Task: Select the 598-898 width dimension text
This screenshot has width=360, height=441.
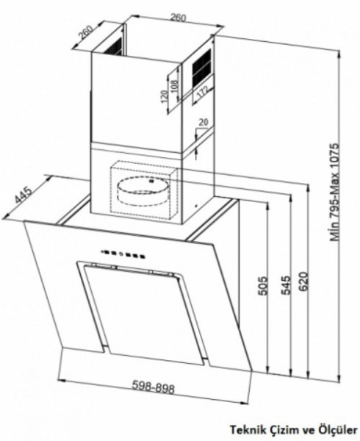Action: pyautogui.click(x=154, y=387)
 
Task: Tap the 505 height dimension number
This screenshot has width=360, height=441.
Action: pyautogui.click(x=263, y=286)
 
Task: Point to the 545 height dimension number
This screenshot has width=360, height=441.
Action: pyautogui.click(x=286, y=285)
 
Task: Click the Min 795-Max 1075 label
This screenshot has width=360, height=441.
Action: pyautogui.click(x=335, y=193)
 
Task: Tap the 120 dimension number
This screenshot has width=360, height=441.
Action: pyautogui.click(x=165, y=96)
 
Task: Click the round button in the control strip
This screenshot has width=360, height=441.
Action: pyautogui.click(x=121, y=254)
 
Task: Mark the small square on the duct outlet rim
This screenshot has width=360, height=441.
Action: pyautogui.click(x=151, y=181)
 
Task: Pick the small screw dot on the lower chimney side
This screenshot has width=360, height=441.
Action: pyautogui.click(x=196, y=206)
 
